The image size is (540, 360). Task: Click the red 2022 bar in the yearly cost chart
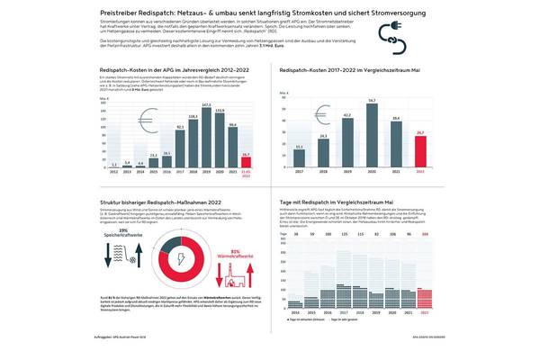click(247, 160)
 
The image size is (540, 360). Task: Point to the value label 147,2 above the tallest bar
click(207, 104)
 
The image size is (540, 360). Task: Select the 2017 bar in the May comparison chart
click(298, 155)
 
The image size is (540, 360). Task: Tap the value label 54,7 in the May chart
click(372, 100)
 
